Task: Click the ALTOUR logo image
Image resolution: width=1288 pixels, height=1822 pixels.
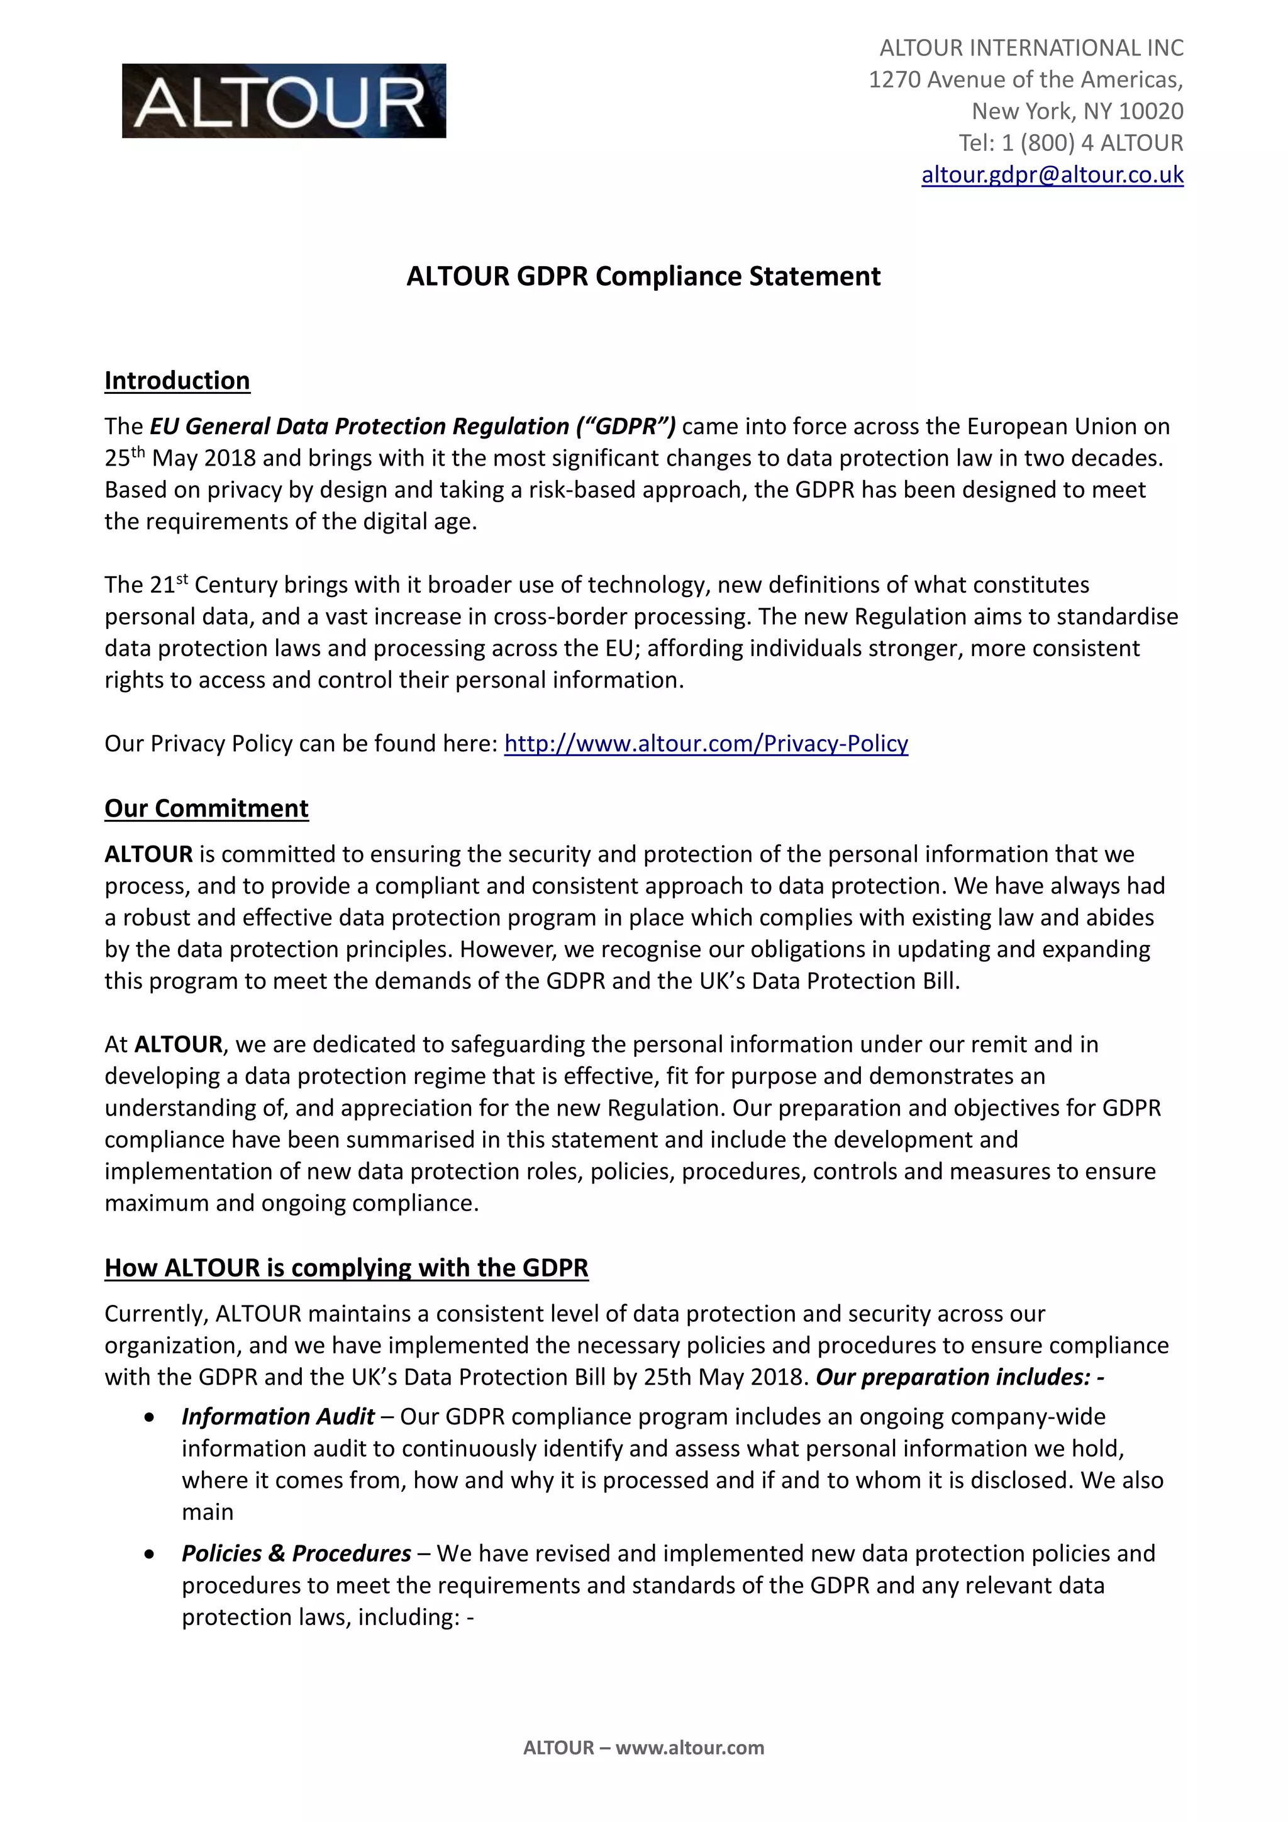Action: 284,101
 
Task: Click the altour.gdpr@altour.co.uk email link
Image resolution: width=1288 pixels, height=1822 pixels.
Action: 1052,174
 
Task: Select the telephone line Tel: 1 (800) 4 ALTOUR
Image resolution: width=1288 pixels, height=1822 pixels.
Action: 1070,143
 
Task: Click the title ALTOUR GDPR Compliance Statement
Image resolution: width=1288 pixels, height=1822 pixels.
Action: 643,276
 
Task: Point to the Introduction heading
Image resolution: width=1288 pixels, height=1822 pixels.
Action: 177,381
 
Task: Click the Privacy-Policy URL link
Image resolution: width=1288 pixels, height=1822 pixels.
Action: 706,744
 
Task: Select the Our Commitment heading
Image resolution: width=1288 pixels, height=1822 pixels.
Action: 206,808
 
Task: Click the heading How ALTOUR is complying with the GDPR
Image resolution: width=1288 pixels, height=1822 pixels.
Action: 346,1268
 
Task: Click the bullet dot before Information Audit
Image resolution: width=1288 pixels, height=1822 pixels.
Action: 150,1417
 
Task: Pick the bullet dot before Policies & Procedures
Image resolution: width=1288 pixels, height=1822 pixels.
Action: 150,1554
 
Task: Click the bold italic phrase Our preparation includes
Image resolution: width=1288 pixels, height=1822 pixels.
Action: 952,1377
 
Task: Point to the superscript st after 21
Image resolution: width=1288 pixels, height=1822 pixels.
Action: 182,579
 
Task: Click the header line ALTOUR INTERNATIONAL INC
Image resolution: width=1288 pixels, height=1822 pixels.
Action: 1031,48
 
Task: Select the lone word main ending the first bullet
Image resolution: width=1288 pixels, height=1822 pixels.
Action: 207,1512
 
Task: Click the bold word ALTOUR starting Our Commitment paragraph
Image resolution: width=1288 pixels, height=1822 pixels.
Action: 148,854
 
